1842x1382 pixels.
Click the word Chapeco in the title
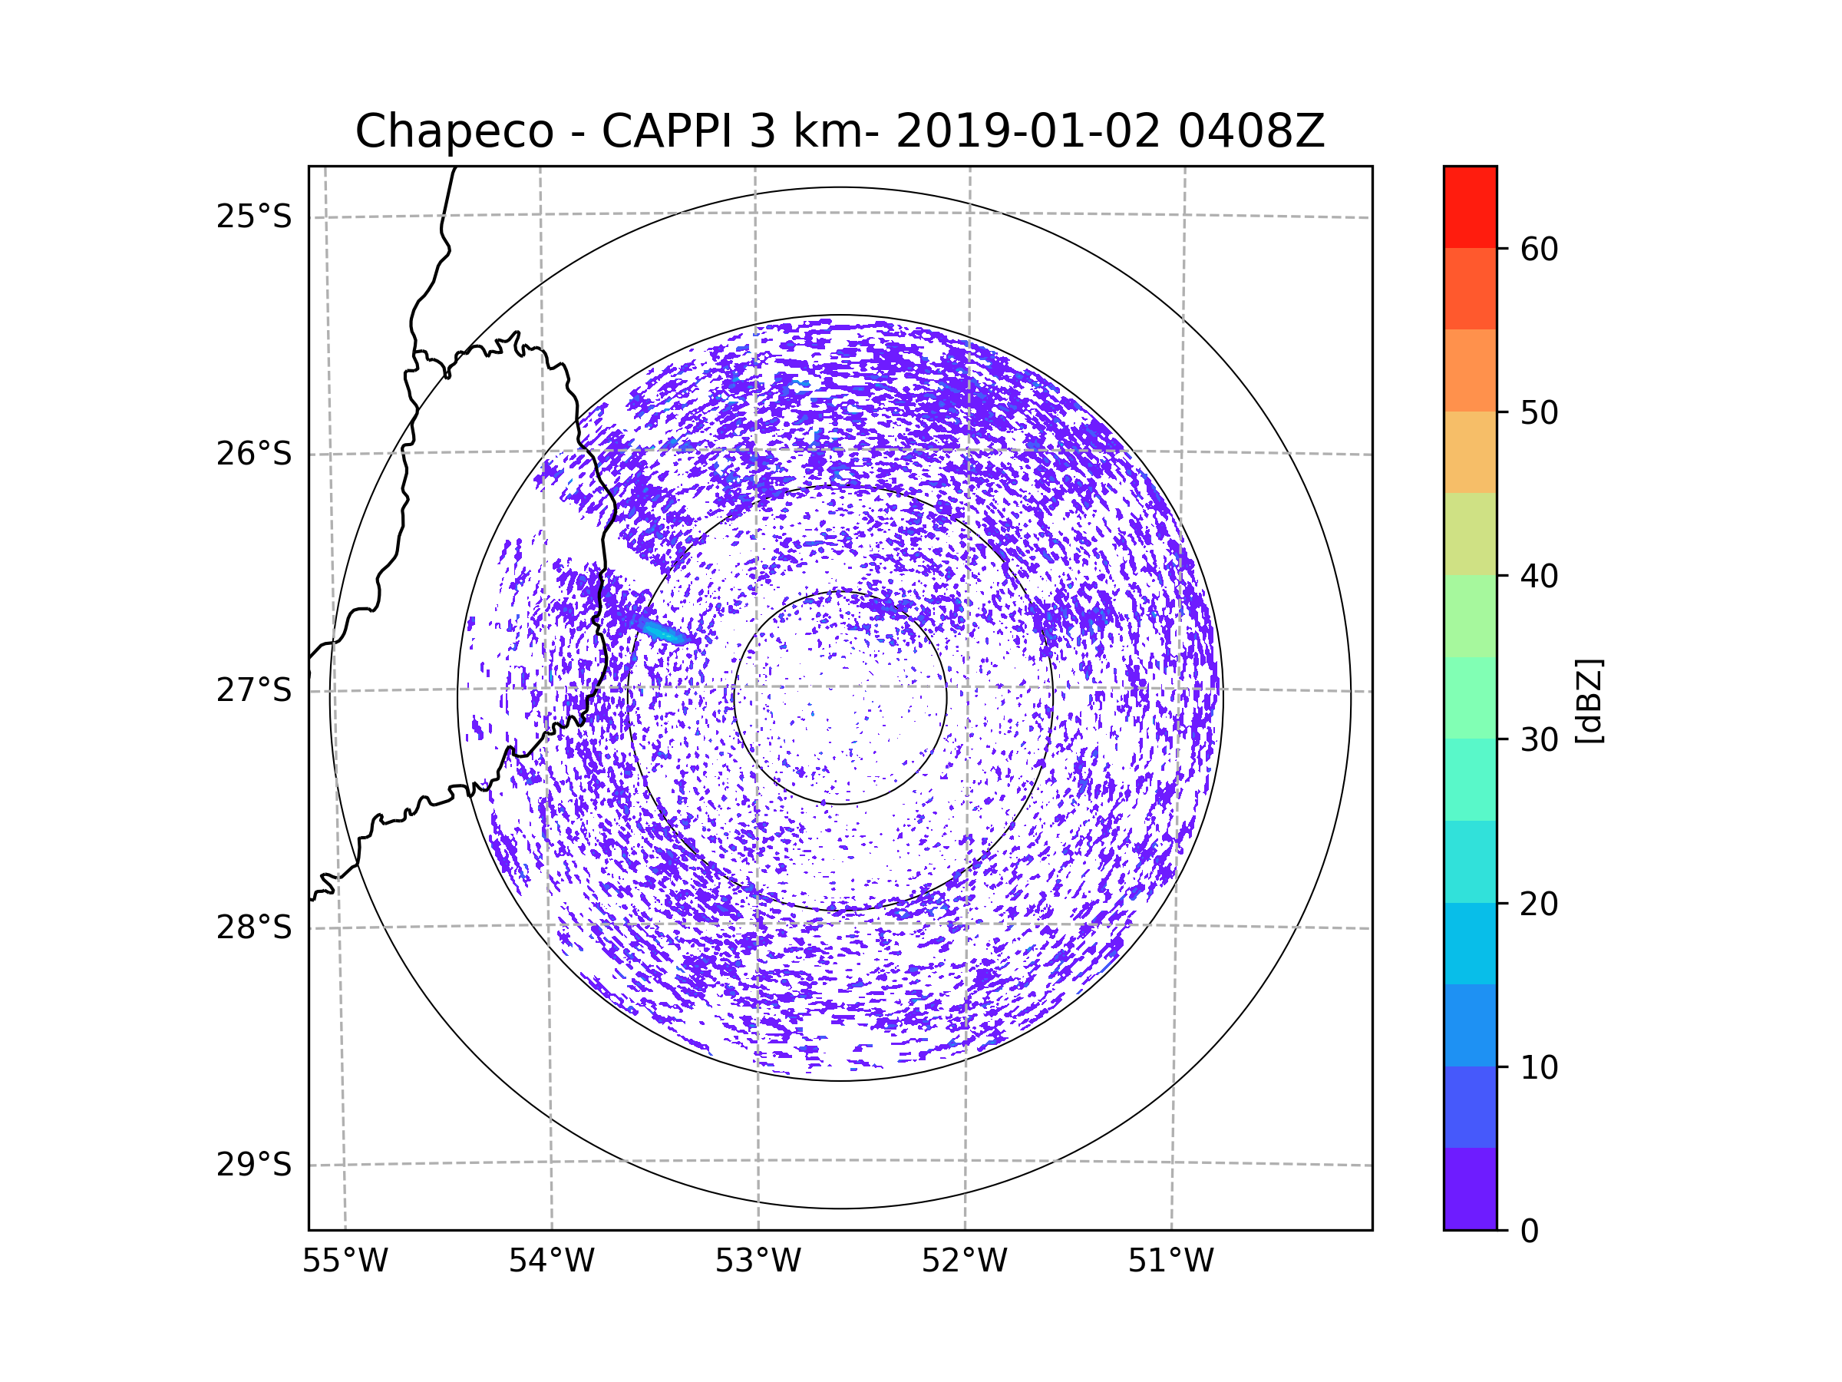pos(454,131)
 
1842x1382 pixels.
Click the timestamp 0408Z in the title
pos(1251,131)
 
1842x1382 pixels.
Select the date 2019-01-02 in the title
pos(1028,131)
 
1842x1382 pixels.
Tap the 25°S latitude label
pos(254,217)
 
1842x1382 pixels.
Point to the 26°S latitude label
pos(254,454)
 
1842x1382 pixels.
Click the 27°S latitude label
pos(254,690)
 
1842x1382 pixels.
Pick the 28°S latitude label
pos(254,927)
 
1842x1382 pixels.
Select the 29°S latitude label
pos(254,1165)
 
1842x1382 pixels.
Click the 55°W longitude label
pos(345,1261)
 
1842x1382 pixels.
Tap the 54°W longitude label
pos(551,1261)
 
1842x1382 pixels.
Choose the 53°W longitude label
pos(758,1261)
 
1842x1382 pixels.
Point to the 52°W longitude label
pos(964,1261)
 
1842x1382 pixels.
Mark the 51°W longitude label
pos(1170,1261)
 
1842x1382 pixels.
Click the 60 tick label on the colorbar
pos(1539,249)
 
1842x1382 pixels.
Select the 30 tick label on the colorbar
pos(1539,739)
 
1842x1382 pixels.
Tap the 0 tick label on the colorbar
pos(1530,1232)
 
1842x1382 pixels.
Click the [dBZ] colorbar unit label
pos(1589,702)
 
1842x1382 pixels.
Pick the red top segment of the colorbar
pos(1470,207)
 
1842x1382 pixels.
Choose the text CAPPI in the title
pos(667,131)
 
